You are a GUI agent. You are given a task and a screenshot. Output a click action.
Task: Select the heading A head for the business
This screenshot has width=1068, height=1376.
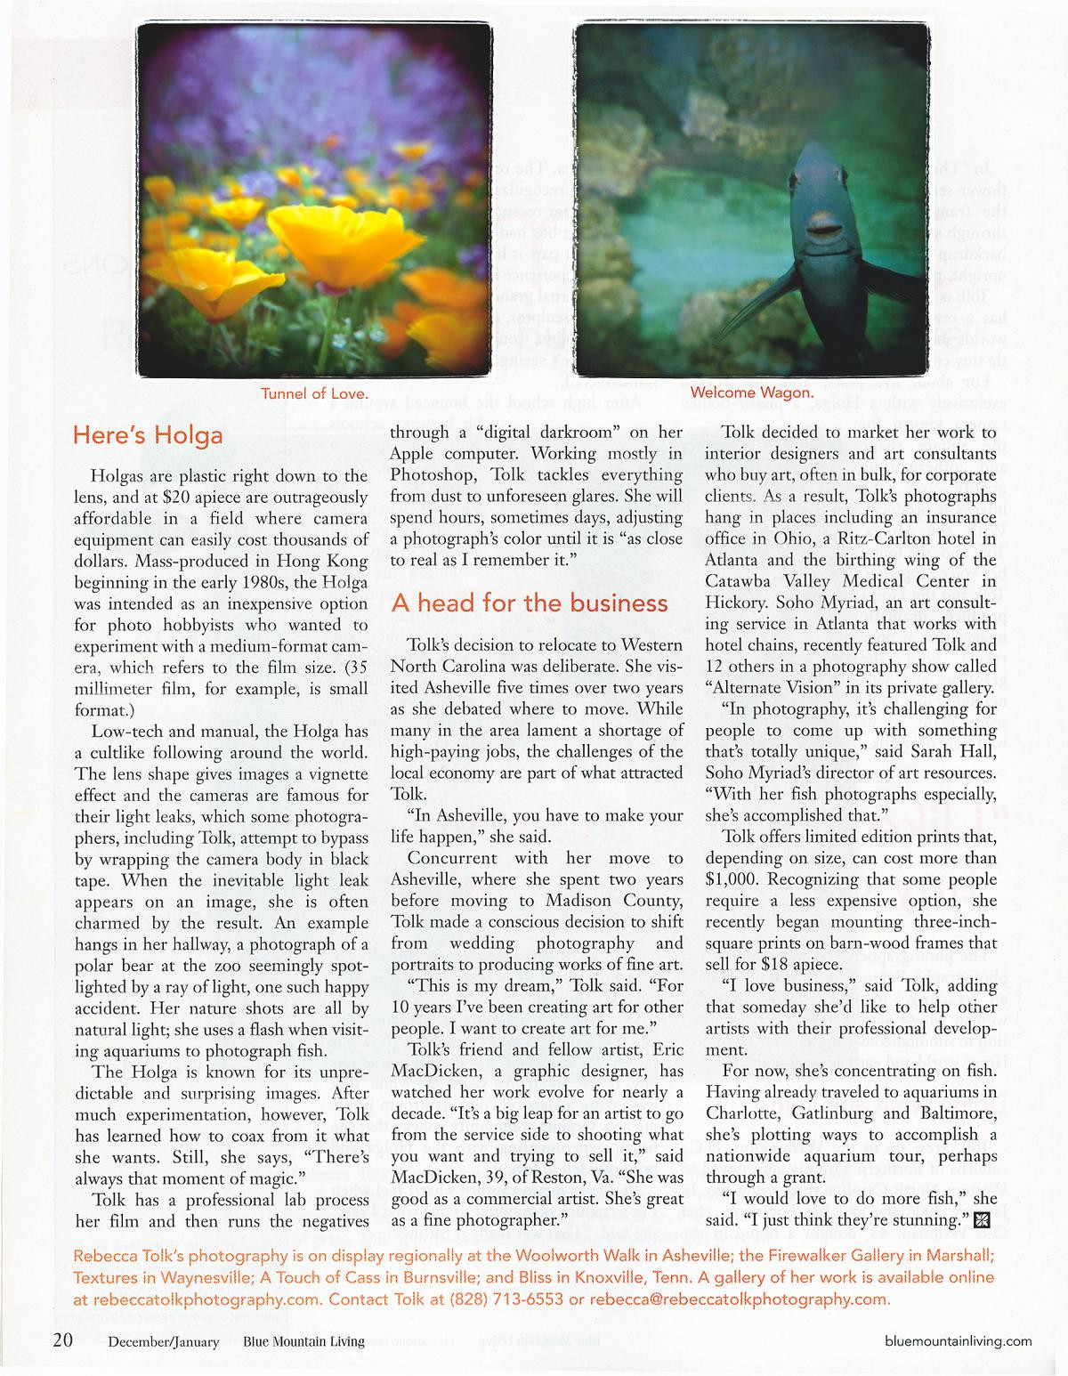pos(530,603)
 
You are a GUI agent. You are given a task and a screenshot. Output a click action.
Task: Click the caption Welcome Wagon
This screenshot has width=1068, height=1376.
pos(751,393)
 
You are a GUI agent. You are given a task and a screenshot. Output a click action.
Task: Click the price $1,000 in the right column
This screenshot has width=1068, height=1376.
pos(734,879)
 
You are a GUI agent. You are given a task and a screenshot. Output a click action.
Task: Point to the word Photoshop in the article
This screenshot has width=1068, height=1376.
pos(436,475)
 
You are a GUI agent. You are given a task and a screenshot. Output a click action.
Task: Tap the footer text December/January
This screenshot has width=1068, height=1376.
pos(164,1341)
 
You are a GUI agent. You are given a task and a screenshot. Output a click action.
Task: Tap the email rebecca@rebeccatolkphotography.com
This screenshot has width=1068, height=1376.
pos(739,1299)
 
